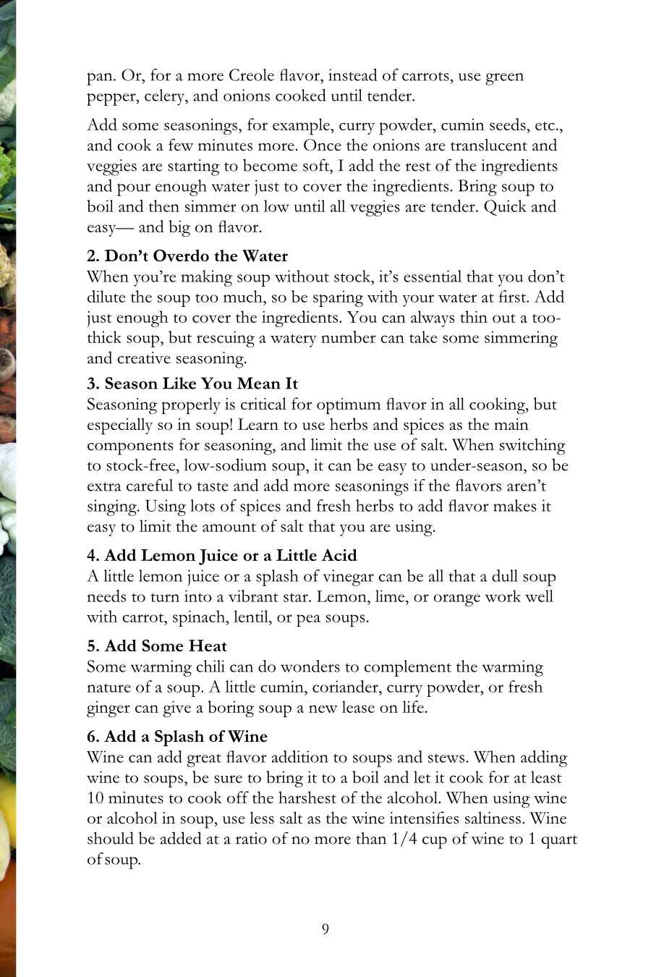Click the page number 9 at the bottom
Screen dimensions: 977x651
pos(325,929)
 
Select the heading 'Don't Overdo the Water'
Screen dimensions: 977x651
pos(187,256)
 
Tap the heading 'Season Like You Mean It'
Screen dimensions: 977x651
pos(192,384)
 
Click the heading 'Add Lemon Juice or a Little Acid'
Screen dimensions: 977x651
pos(221,556)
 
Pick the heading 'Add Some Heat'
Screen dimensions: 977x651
pos(157,646)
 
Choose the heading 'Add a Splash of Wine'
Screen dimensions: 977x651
pos(177,737)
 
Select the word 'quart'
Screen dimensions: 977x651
pos(558,839)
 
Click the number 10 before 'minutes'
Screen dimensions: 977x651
pos(95,799)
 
